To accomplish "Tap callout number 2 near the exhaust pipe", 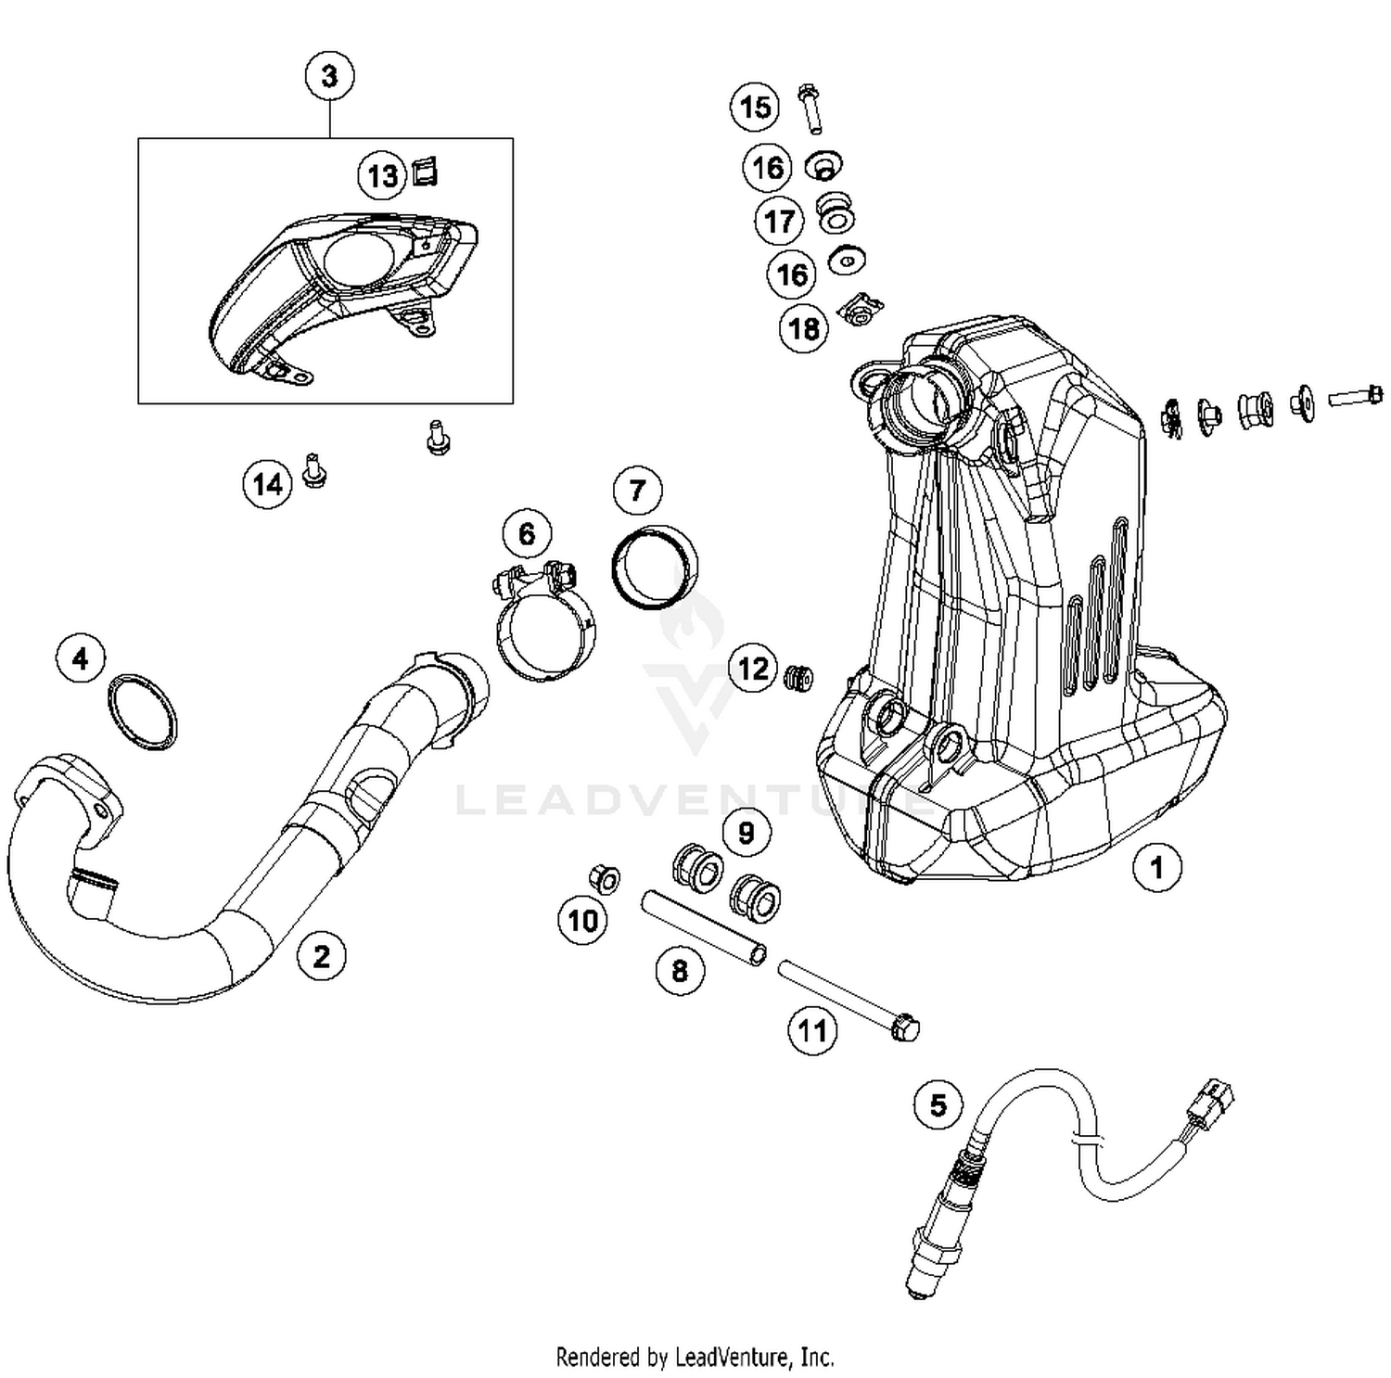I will (x=321, y=956).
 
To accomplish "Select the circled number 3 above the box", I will (x=329, y=76).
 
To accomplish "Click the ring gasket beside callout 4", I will (x=142, y=712).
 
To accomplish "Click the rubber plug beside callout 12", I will (x=798, y=678).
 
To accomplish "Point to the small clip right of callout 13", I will (x=425, y=172).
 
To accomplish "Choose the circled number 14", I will (x=267, y=484).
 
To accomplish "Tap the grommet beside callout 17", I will (x=836, y=211).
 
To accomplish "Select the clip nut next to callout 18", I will (x=861, y=310).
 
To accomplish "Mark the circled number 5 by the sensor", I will (x=938, y=1104).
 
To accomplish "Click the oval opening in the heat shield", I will (x=360, y=257).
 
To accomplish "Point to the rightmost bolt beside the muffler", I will (x=1356, y=397).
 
